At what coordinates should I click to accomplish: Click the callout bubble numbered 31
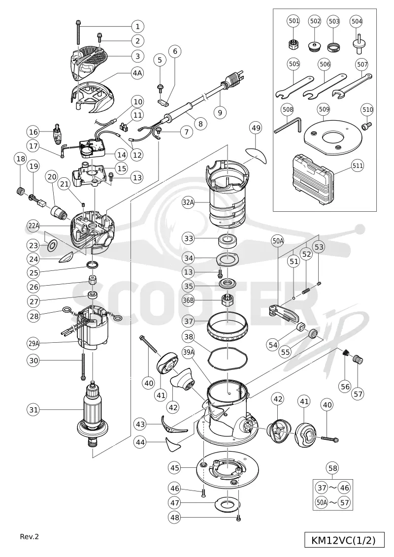tap(33, 410)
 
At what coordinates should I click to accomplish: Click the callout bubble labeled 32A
tap(189, 203)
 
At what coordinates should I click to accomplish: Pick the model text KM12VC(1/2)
tap(343, 540)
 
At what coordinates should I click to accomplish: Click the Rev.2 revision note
tap(29, 536)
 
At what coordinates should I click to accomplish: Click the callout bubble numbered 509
tap(324, 109)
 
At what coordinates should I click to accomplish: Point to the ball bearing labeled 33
tap(227, 241)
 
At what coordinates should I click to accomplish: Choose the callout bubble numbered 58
tap(333, 468)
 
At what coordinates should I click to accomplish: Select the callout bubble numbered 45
tap(175, 468)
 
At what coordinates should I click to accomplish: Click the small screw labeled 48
tap(238, 518)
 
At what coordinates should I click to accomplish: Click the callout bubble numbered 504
tap(357, 22)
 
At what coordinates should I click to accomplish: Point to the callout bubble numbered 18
tap(21, 159)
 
